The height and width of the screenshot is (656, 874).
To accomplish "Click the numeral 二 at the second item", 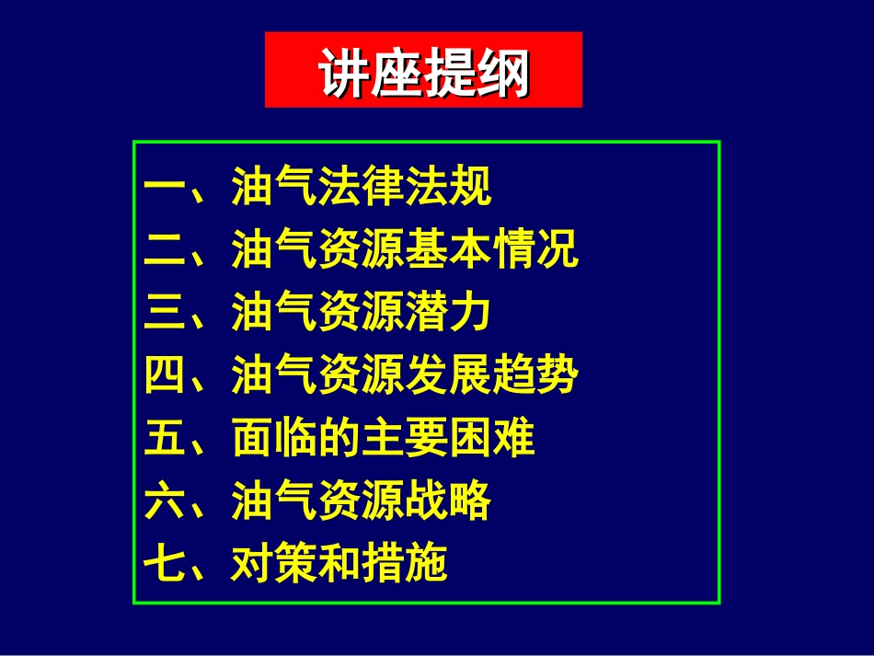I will [166, 250].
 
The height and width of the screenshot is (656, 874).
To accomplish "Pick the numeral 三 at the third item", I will [166, 314].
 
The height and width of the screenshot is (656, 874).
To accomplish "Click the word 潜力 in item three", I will [448, 314].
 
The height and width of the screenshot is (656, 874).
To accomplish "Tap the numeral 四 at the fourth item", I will [166, 376].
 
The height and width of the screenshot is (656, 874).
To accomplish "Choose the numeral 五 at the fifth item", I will [166, 439].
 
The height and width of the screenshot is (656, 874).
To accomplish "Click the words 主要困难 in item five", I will [448, 439].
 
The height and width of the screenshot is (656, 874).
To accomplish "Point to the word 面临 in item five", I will [274, 439].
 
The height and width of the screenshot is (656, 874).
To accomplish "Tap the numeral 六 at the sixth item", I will [166, 501].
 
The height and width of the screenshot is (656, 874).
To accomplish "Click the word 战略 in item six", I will [448, 501].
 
